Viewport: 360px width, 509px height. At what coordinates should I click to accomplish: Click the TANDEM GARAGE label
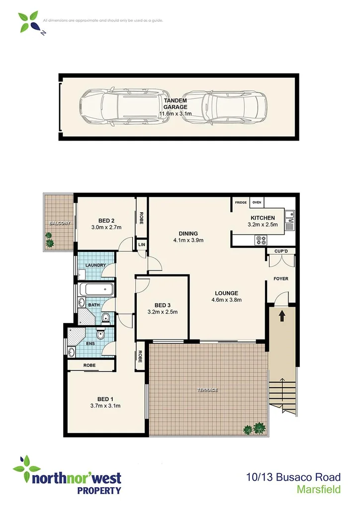point(176,103)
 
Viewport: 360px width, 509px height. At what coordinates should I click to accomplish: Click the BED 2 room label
point(106,221)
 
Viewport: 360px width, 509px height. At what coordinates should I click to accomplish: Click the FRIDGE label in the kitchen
point(241,203)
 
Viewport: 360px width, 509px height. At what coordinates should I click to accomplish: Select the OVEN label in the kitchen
point(257,203)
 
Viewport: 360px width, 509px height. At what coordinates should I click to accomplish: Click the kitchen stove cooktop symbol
point(261,240)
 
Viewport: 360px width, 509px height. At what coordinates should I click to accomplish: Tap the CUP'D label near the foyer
point(281,251)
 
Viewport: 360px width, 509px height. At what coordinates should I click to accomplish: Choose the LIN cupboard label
point(141,245)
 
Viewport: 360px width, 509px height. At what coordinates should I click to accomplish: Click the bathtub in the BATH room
point(96,290)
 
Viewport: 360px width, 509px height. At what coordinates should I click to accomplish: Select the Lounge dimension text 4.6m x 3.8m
point(226,300)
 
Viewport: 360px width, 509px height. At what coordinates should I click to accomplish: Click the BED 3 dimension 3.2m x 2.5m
point(163,312)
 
